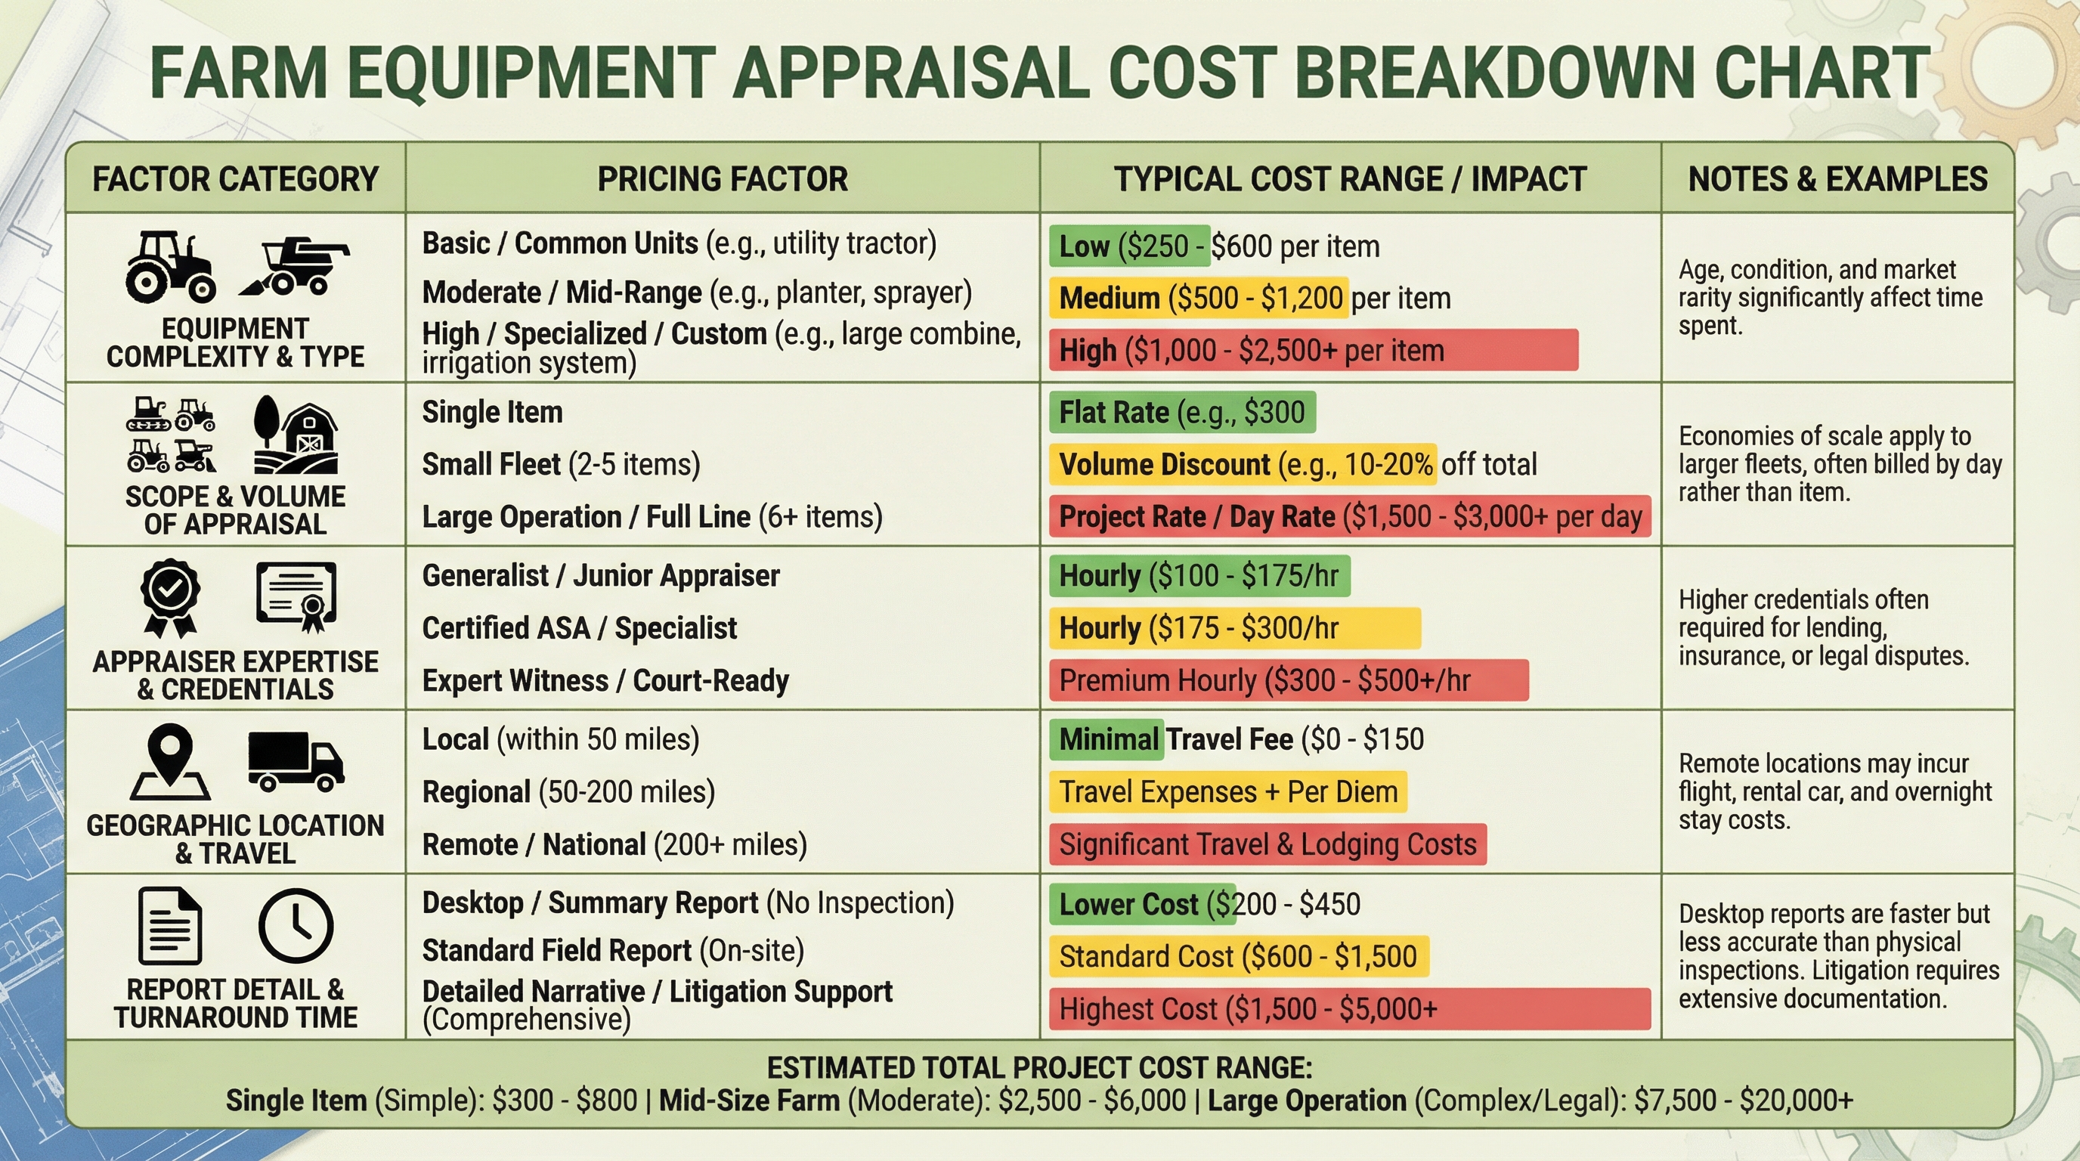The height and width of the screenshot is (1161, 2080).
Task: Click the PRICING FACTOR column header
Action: (x=722, y=178)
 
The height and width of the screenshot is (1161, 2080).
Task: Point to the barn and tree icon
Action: (x=296, y=435)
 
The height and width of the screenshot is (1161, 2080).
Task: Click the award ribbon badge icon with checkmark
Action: (x=169, y=597)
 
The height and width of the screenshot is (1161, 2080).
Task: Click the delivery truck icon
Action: (x=296, y=760)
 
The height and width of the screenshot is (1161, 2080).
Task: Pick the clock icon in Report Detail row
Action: (x=296, y=926)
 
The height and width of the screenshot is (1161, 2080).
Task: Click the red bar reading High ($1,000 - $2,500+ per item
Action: (x=1313, y=351)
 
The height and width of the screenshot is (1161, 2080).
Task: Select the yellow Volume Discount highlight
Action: (x=1243, y=464)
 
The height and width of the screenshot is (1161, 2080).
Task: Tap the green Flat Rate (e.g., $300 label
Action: (x=1181, y=413)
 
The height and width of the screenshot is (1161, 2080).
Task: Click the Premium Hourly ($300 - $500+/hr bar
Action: (x=1288, y=680)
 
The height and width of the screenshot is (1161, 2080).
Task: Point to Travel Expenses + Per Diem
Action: (x=1227, y=792)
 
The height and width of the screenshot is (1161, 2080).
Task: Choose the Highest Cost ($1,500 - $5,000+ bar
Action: (x=1349, y=1009)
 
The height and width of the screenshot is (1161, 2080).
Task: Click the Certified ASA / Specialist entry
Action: (x=579, y=628)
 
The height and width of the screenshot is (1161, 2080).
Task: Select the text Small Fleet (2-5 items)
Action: (x=561, y=464)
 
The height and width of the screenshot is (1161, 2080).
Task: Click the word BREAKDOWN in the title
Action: (x=1492, y=73)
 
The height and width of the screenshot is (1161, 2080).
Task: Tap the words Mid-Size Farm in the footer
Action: (x=748, y=1101)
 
